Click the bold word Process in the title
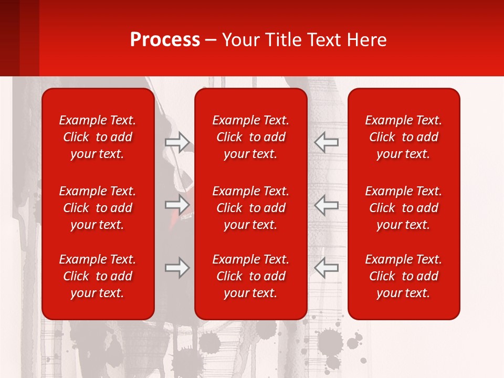pos(165,40)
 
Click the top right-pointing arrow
pos(177,142)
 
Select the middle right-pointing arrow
pos(177,205)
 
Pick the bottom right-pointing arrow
pos(177,268)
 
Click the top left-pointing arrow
pos(326,142)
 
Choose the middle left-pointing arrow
pos(326,205)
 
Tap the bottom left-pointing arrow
pos(326,268)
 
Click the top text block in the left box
pos(98,137)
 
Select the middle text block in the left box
pos(98,208)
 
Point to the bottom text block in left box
pos(98,276)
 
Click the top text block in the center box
pos(251,137)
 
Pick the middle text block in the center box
pos(251,208)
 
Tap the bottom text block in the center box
pos(251,276)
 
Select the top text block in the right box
pos(404,137)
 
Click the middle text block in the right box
pos(404,208)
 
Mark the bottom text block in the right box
pos(404,276)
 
